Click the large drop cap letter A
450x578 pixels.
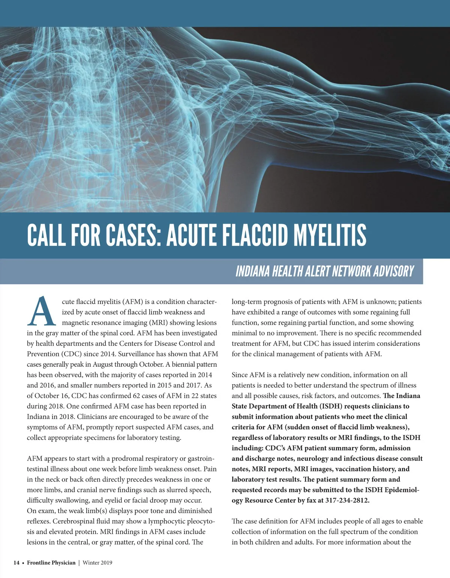point(42,312)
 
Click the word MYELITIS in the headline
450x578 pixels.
point(329,235)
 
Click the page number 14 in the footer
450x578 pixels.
point(16,563)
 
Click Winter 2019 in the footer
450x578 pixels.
point(97,563)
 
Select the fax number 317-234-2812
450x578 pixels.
point(347,500)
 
